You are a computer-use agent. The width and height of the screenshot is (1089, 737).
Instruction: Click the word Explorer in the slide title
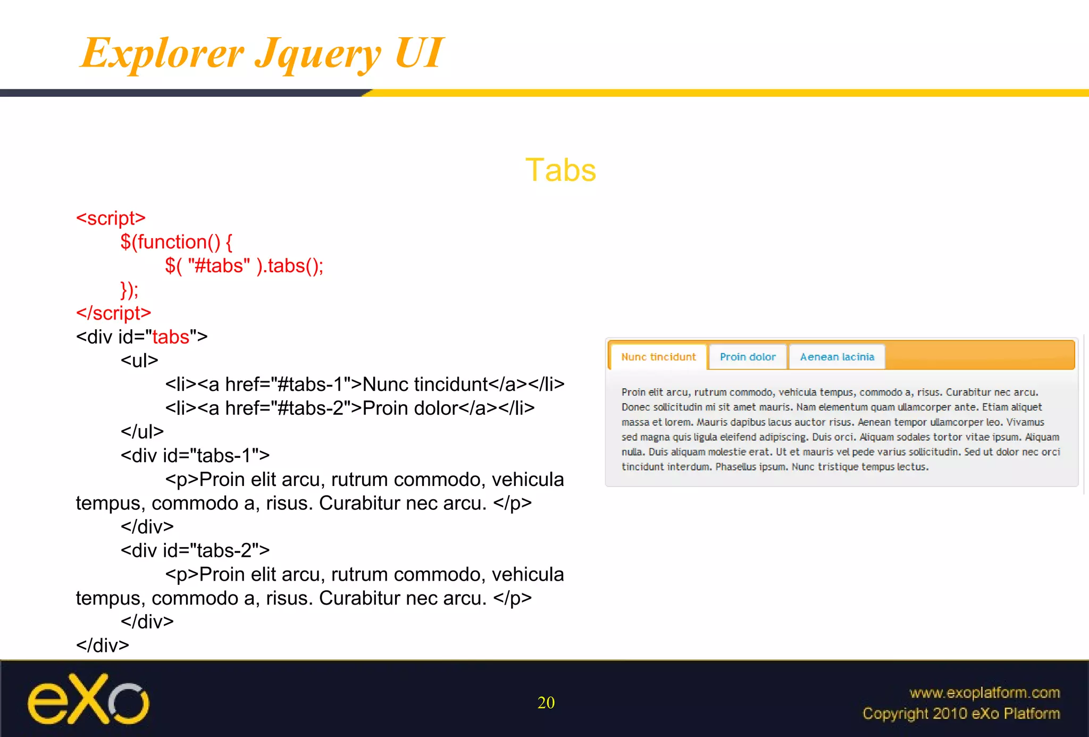162,53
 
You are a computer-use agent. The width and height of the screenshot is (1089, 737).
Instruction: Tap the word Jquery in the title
317,54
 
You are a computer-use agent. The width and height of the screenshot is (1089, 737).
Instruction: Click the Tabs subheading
560,170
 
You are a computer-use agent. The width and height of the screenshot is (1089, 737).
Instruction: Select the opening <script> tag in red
111,218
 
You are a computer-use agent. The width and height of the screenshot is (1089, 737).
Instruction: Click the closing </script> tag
113,313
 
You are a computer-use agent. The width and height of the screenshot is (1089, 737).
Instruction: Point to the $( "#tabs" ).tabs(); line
244,265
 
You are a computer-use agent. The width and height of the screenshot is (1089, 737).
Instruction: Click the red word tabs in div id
171,337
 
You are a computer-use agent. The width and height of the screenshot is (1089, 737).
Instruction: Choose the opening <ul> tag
139,361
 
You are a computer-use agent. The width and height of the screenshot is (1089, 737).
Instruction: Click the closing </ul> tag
142,431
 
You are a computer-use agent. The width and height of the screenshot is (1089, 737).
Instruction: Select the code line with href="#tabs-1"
364,384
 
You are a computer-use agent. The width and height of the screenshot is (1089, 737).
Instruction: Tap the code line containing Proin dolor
349,408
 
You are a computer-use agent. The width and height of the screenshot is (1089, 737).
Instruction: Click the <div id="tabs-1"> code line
195,455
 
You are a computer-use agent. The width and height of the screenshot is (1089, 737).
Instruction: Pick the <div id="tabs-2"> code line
195,550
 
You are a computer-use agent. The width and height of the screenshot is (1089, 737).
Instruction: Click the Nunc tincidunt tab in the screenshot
658,357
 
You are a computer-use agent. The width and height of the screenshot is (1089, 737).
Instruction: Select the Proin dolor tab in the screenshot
748,357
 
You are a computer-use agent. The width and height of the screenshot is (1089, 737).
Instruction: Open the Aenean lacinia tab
837,357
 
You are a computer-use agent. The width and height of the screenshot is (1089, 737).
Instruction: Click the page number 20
546,702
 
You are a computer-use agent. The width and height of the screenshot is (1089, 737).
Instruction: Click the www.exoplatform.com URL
984,692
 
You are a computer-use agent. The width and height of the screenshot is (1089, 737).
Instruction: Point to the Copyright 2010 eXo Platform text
961,713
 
